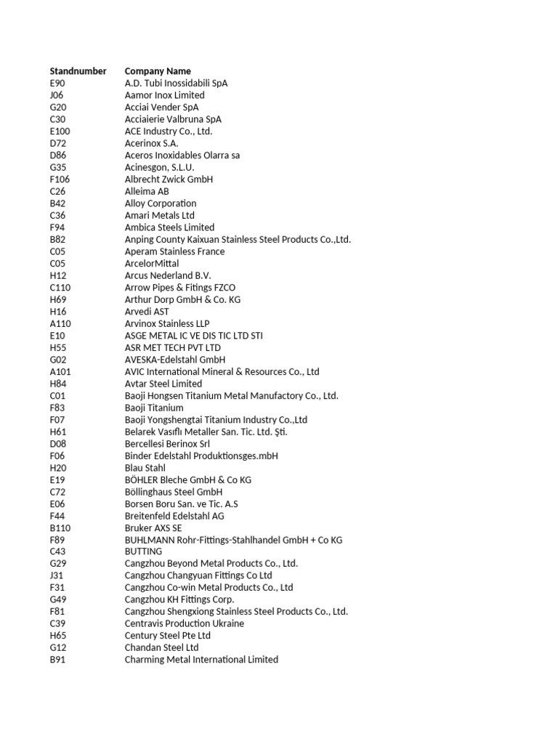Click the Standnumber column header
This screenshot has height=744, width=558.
click(78, 71)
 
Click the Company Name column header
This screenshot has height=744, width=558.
click(158, 71)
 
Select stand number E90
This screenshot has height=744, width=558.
click(57, 83)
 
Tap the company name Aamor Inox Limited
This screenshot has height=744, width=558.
click(164, 95)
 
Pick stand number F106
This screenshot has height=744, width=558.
click(60, 179)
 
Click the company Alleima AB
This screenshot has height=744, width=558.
click(147, 191)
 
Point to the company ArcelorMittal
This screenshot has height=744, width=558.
click(151, 263)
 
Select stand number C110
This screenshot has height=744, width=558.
click(60, 287)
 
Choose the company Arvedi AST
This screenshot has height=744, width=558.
click(147, 311)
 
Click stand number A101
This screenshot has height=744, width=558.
click(60, 371)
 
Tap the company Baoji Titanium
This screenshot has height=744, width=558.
click(154, 408)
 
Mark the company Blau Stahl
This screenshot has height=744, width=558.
click(145, 468)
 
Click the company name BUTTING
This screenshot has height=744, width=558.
click(143, 551)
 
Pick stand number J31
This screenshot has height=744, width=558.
click(57, 575)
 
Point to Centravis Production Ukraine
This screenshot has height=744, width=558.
click(184, 623)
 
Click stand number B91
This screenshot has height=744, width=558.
click(57, 660)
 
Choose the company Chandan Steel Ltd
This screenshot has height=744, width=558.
click(161, 647)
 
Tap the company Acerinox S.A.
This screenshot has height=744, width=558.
click(151, 143)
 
